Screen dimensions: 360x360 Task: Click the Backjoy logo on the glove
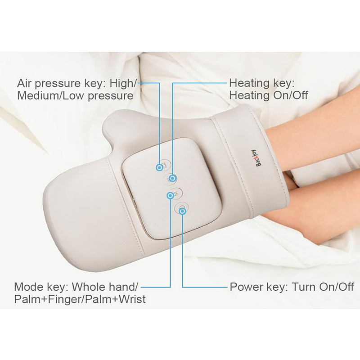click(x=259, y=158)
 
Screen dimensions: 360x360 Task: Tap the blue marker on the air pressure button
click(x=159, y=167)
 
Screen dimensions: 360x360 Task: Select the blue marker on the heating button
click(x=172, y=178)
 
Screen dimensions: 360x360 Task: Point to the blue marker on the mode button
click(x=171, y=196)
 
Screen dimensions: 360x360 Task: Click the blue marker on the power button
click(x=183, y=211)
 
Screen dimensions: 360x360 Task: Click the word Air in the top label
click(x=24, y=83)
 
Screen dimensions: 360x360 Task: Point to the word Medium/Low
click(x=51, y=95)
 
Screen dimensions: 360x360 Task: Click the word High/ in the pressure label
click(x=123, y=83)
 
